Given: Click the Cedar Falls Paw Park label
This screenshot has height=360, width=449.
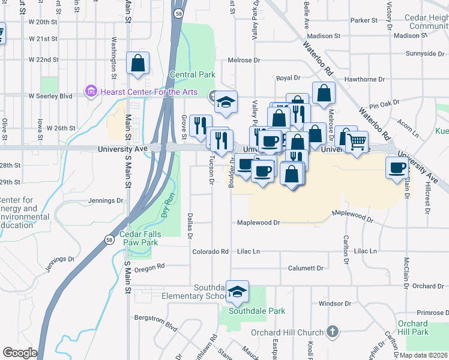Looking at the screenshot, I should [139, 238].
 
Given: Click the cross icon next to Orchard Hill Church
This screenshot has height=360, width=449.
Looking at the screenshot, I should [332, 332].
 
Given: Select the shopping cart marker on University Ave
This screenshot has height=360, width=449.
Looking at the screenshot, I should [357, 142].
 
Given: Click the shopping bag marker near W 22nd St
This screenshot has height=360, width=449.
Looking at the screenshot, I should [138, 63].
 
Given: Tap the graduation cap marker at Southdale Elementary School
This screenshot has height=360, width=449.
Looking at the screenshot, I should [238, 292].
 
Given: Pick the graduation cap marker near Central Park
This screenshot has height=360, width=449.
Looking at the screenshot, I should [226, 102].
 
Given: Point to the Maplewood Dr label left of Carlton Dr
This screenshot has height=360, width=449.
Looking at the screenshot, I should [259, 223].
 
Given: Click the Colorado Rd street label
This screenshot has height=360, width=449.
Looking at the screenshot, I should [211, 252].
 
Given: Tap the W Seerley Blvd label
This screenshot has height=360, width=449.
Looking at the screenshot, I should [50, 96].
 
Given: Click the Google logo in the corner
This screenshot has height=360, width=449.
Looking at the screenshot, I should [20, 353].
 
